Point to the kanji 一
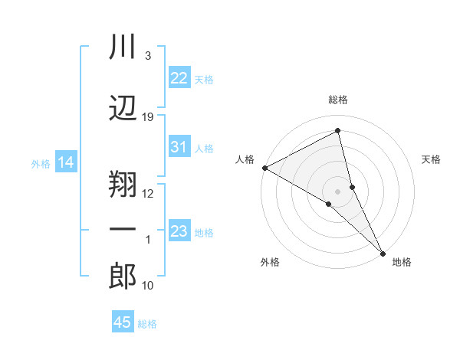pyautogui.click(x=123, y=231)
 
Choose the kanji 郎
pyautogui.click(x=123, y=276)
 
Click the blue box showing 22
pyautogui.click(x=179, y=78)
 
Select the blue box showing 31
pyautogui.click(x=179, y=147)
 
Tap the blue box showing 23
pyautogui.click(x=179, y=231)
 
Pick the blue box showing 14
pyautogui.click(x=65, y=162)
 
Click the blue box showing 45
pyautogui.click(x=123, y=322)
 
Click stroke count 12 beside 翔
pyautogui.click(x=148, y=193)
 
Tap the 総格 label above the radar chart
pyautogui.click(x=337, y=100)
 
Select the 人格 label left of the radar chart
pyautogui.click(x=245, y=159)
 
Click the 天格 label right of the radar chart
pyautogui.click(x=431, y=159)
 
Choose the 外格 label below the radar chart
pyautogui.click(x=270, y=262)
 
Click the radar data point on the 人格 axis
pyautogui.click(x=264, y=168)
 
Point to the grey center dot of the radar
pyautogui.click(x=337, y=190)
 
